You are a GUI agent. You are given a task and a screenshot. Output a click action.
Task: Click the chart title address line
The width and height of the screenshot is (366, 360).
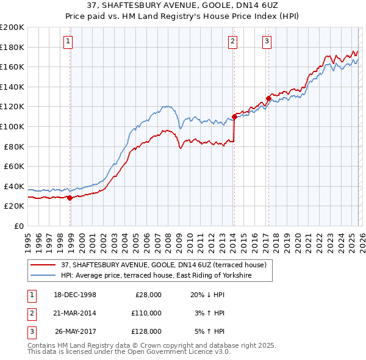(182, 5)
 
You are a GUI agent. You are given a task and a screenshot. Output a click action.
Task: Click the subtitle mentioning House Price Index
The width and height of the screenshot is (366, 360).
(182, 16)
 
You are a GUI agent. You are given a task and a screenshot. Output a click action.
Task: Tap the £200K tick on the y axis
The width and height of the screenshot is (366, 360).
(12, 27)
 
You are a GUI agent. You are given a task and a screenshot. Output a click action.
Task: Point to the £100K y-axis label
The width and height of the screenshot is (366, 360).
(12, 126)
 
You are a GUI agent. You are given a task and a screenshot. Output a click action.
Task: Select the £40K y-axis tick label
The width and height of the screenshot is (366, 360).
(14, 186)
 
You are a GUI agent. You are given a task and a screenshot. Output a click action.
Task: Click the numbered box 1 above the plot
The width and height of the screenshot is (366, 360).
(67, 41)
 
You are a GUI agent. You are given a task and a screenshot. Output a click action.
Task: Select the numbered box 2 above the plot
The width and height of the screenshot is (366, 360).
(233, 41)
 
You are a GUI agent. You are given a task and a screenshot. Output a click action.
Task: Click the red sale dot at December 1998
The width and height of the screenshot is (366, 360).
(70, 198)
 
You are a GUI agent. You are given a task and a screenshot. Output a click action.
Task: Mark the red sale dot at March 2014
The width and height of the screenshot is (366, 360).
(234, 117)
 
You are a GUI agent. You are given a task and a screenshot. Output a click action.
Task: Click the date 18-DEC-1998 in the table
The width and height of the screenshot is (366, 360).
(76, 295)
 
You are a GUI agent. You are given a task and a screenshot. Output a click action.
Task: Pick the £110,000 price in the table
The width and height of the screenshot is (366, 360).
(146, 313)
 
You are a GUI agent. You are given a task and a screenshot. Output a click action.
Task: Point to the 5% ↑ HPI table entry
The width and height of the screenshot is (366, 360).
(207, 331)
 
